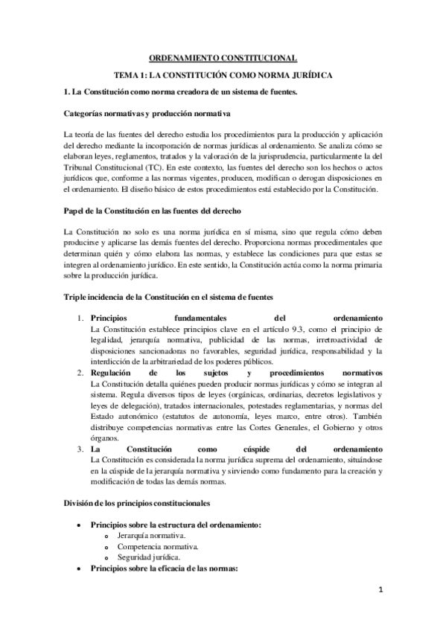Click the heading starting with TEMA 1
[x=223, y=75]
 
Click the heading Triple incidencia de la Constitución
[x=158, y=297]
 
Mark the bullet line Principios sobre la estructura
[x=175, y=525]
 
